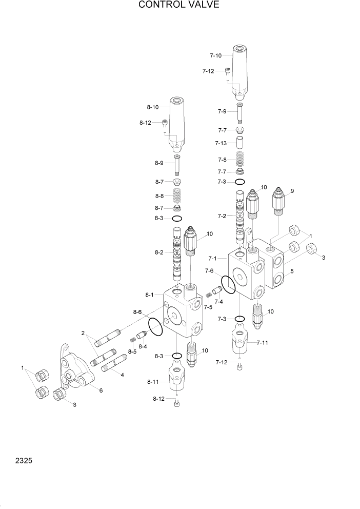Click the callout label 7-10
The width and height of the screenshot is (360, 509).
point(216,55)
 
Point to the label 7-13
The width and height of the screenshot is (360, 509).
point(222,143)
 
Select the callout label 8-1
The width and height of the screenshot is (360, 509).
point(150,295)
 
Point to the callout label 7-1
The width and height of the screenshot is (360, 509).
point(214,258)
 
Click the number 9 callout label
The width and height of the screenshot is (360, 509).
point(292,191)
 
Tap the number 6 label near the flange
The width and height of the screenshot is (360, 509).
point(101,390)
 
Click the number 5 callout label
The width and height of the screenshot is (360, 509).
point(292,271)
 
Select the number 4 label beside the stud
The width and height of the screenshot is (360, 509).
point(122,375)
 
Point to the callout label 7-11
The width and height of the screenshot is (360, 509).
point(262,342)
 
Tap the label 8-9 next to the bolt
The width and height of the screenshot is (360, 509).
point(158,163)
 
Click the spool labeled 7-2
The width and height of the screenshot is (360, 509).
point(239,217)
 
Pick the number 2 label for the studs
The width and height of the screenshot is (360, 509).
point(83,334)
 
